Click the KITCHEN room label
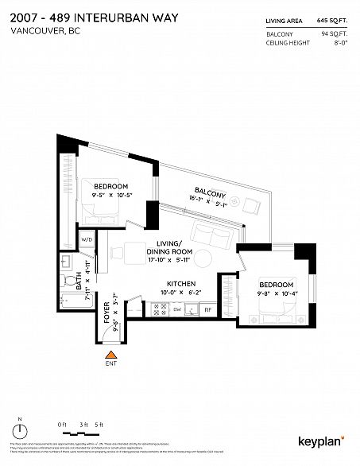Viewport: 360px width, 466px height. (181, 284)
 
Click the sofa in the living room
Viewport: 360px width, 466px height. (213, 235)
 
